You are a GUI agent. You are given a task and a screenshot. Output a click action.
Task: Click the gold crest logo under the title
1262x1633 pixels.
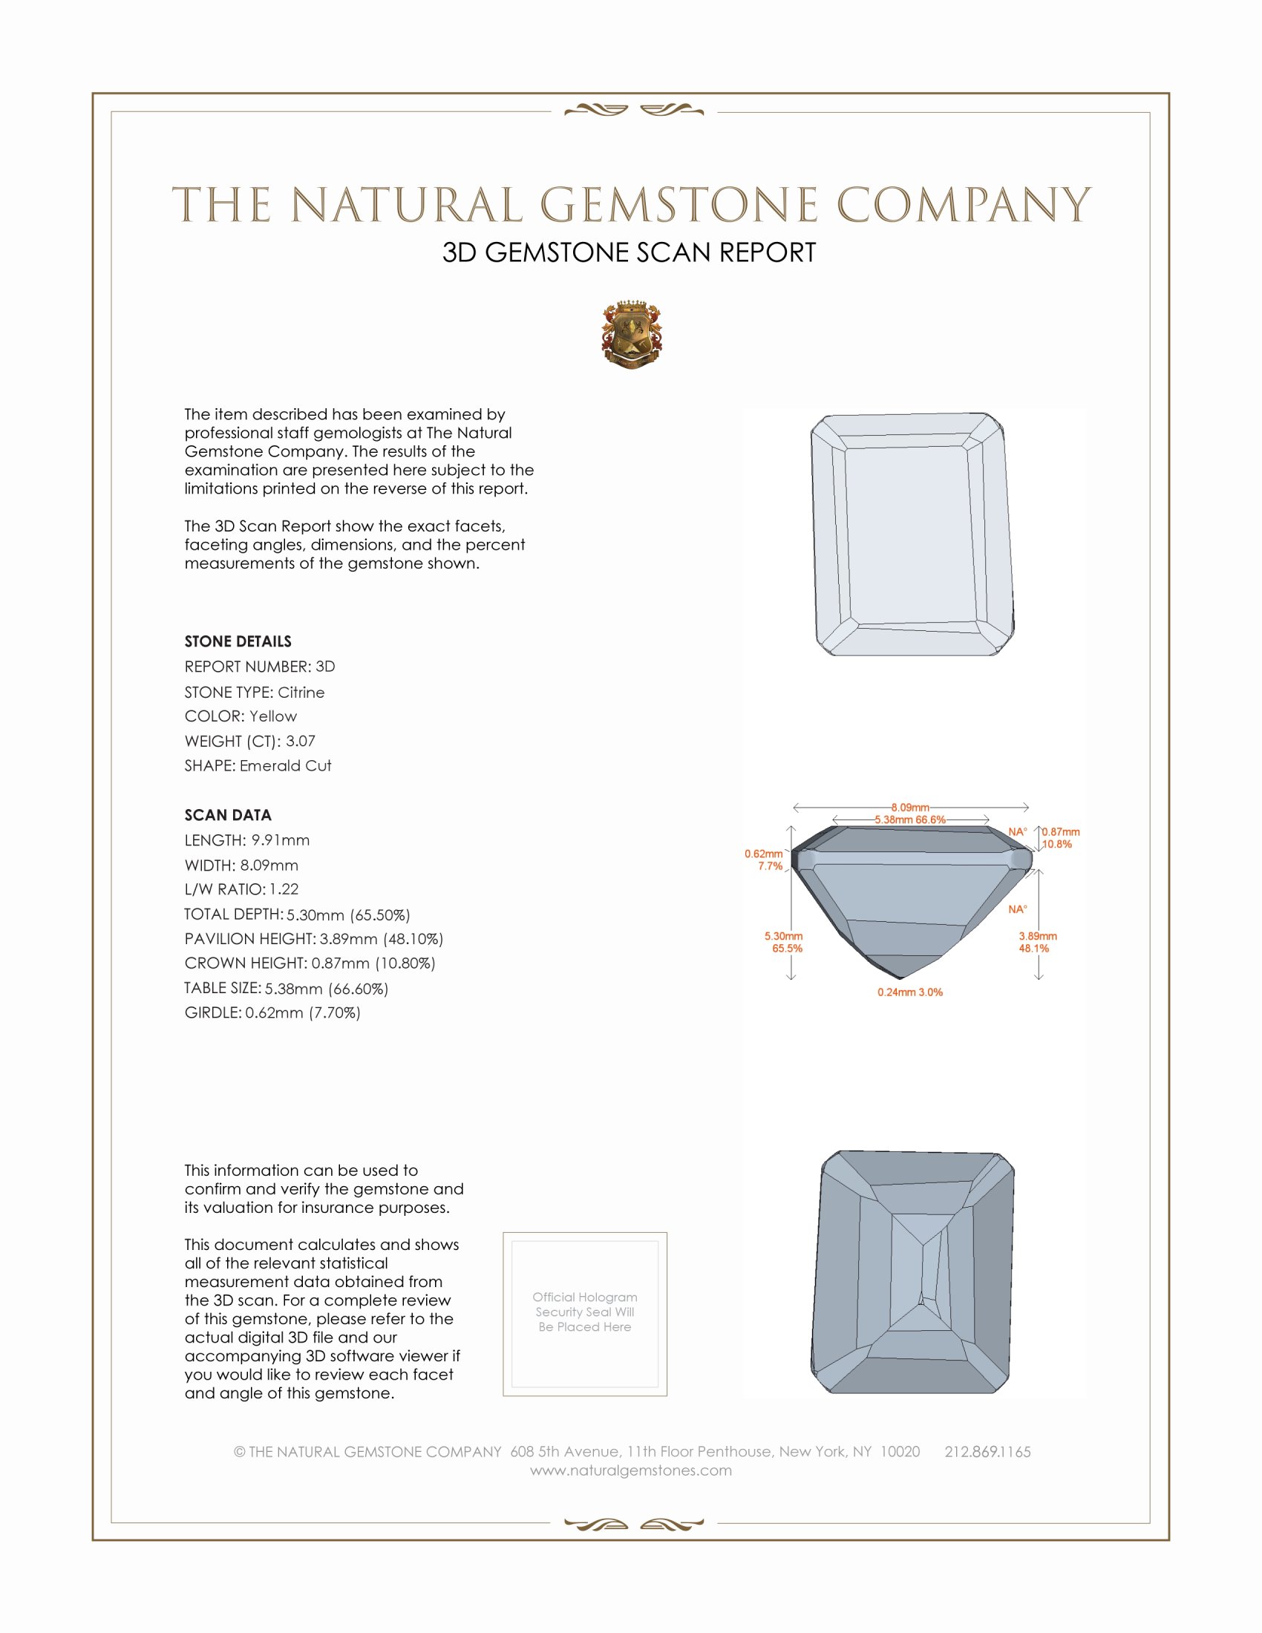[631, 335]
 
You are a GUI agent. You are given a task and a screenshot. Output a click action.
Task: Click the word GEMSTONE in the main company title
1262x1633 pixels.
[678, 205]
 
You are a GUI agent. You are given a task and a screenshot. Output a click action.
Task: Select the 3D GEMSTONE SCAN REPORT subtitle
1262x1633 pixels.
[629, 252]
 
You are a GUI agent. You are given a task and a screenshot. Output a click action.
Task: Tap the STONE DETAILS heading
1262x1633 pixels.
[238, 641]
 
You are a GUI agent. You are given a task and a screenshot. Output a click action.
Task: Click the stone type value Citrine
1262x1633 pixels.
[301, 693]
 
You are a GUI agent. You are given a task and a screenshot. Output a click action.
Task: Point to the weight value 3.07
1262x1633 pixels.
[301, 741]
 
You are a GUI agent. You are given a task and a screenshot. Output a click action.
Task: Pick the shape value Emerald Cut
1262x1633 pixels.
[285, 766]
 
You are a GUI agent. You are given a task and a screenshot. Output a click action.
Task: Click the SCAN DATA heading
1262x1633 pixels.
[228, 815]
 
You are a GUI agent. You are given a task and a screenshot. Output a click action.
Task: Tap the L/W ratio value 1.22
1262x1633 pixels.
[284, 890]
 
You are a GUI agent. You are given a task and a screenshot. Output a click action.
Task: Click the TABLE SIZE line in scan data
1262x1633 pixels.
[287, 989]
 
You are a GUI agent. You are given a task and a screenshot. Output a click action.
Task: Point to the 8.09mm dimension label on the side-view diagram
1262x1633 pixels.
[910, 808]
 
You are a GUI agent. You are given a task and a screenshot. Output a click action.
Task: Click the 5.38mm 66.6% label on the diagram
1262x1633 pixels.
[910, 819]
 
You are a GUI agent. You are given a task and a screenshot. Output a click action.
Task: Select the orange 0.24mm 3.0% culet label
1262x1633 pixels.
[910, 992]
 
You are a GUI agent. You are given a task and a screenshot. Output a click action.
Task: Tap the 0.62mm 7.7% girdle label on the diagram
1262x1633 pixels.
[765, 860]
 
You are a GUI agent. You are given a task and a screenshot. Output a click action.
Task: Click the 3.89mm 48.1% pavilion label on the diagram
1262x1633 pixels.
[1038, 942]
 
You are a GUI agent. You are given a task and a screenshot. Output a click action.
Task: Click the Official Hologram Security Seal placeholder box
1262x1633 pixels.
[585, 1314]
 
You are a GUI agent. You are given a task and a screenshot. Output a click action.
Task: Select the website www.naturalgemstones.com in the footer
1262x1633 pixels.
[631, 1470]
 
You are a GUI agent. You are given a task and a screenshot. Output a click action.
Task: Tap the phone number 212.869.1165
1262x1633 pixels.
[987, 1452]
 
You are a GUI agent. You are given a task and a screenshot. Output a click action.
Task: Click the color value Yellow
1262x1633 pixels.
[273, 716]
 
